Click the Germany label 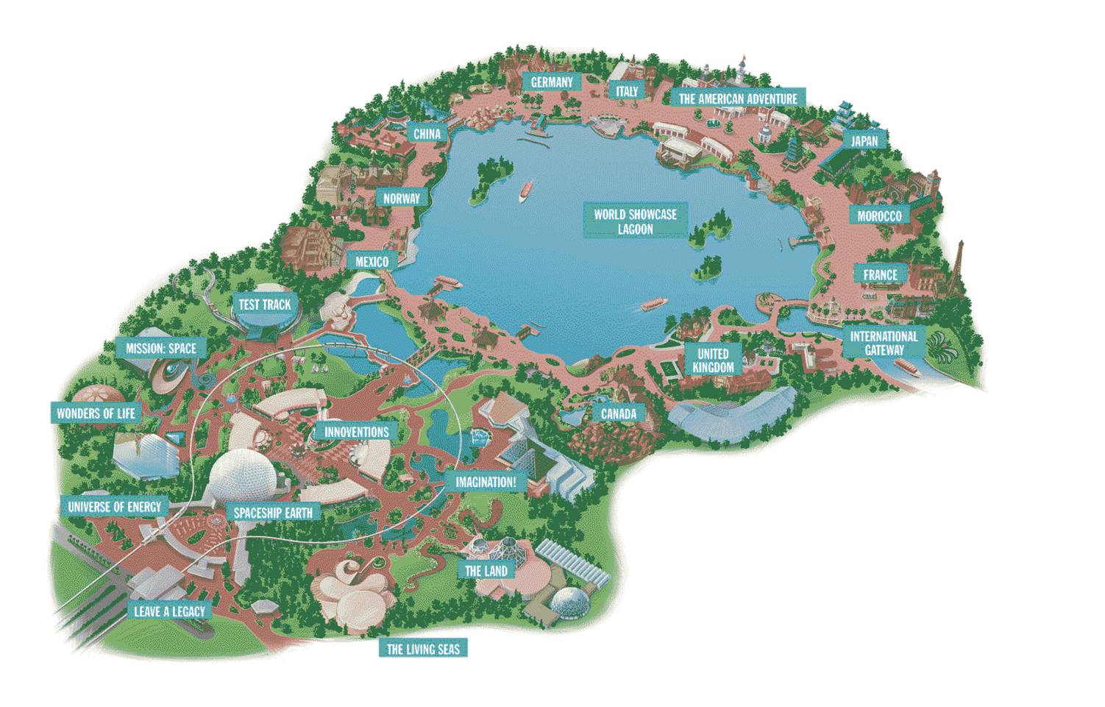coord(551,82)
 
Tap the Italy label coord(626,90)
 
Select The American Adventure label coord(737,99)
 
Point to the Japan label coord(864,141)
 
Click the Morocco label coord(878,216)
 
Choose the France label coord(880,274)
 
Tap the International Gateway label coord(884,343)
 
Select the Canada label coord(618,413)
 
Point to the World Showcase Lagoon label coord(635,221)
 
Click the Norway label coord(401,199)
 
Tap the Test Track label coord(265,304)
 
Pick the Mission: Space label coord(161,348)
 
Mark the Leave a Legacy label coord(169,611)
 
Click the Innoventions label coord(356,432)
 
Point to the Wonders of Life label coord(96,413)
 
